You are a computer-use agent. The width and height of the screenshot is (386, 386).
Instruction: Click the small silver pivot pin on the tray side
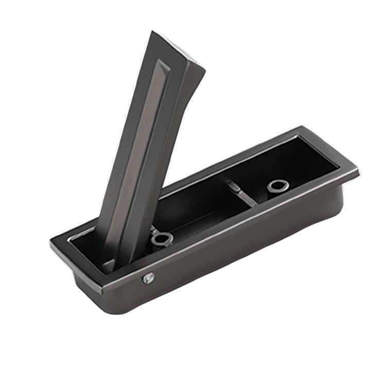coord(148,278)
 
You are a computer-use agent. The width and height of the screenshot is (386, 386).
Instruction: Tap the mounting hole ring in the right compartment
coord(278,186)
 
